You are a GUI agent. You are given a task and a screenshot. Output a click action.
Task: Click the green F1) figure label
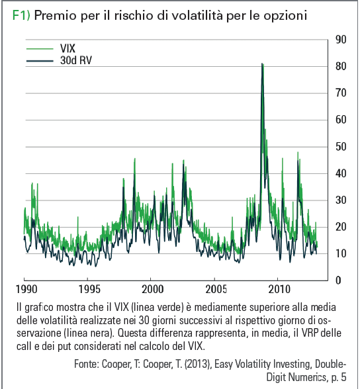click(21, 15)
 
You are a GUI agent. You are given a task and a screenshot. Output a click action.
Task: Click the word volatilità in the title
click(197, 15)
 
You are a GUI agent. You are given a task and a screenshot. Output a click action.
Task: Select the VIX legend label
click(67, 48)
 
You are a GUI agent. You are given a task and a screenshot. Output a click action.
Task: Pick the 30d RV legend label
click(76, 60)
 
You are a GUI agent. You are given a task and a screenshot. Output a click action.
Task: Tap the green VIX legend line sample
click(40, 49)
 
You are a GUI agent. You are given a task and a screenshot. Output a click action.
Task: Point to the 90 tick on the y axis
click(341, 40)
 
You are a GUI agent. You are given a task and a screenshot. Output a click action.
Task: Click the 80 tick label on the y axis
click(341, 66)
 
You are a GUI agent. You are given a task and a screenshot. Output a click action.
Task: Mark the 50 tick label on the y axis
click(341, 147)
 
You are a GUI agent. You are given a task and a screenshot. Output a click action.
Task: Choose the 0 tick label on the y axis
click(338, 281)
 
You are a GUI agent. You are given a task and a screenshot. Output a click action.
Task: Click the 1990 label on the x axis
click(26, 289)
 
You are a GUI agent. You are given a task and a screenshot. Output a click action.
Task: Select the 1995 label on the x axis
click(89, 289)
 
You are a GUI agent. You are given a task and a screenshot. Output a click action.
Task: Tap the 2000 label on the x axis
click(153, 289)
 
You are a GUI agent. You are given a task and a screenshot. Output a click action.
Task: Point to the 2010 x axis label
click(279, 289)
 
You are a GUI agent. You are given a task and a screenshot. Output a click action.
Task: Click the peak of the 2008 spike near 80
click(262, 64)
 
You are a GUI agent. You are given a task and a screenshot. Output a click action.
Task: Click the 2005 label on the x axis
click(216, 289)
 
